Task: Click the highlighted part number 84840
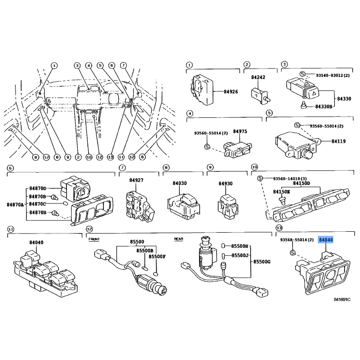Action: pos(326,240)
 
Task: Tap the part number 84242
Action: pos(258,77)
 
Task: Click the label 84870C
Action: pos(38,204)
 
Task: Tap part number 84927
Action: pos(136,180)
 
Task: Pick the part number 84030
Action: pos(179,184)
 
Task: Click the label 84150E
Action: pos(282,191)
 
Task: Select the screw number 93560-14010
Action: pos(283,178)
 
